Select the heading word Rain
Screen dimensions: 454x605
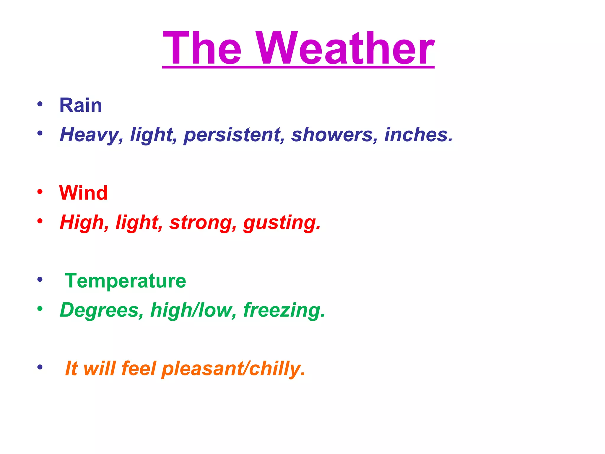(x=81, y=105)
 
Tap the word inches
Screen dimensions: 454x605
(x=418, y=135)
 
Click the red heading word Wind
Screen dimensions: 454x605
(x=83, y=193)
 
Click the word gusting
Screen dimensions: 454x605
(x=282, y=222)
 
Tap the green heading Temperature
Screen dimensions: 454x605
(x=126, y=280)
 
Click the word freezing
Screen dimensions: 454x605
(x=284, y=310)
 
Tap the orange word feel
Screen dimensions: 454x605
(x=139, y=368)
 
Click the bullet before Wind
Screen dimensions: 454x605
(x=40, y=192)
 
